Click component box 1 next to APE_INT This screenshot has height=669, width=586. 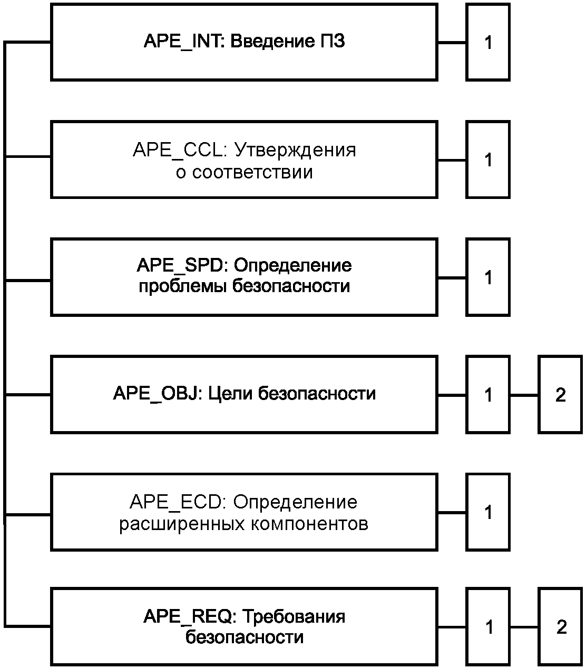click(488, 42)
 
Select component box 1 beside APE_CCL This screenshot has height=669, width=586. click(488, 159)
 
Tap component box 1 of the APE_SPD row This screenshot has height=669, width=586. click(488, 277)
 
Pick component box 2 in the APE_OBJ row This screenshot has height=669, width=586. click(560, 395)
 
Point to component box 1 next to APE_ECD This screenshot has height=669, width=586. click(488, 512)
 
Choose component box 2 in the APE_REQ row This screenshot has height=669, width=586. click(561, 627)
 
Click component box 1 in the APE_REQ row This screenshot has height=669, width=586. click(489, 627)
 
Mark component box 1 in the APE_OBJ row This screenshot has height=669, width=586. click(488, 395)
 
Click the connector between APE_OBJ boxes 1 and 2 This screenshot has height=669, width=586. click(524, 395)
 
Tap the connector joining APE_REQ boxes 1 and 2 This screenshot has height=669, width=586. click(524, 627)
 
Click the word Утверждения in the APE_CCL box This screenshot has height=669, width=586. click(295, 151)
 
